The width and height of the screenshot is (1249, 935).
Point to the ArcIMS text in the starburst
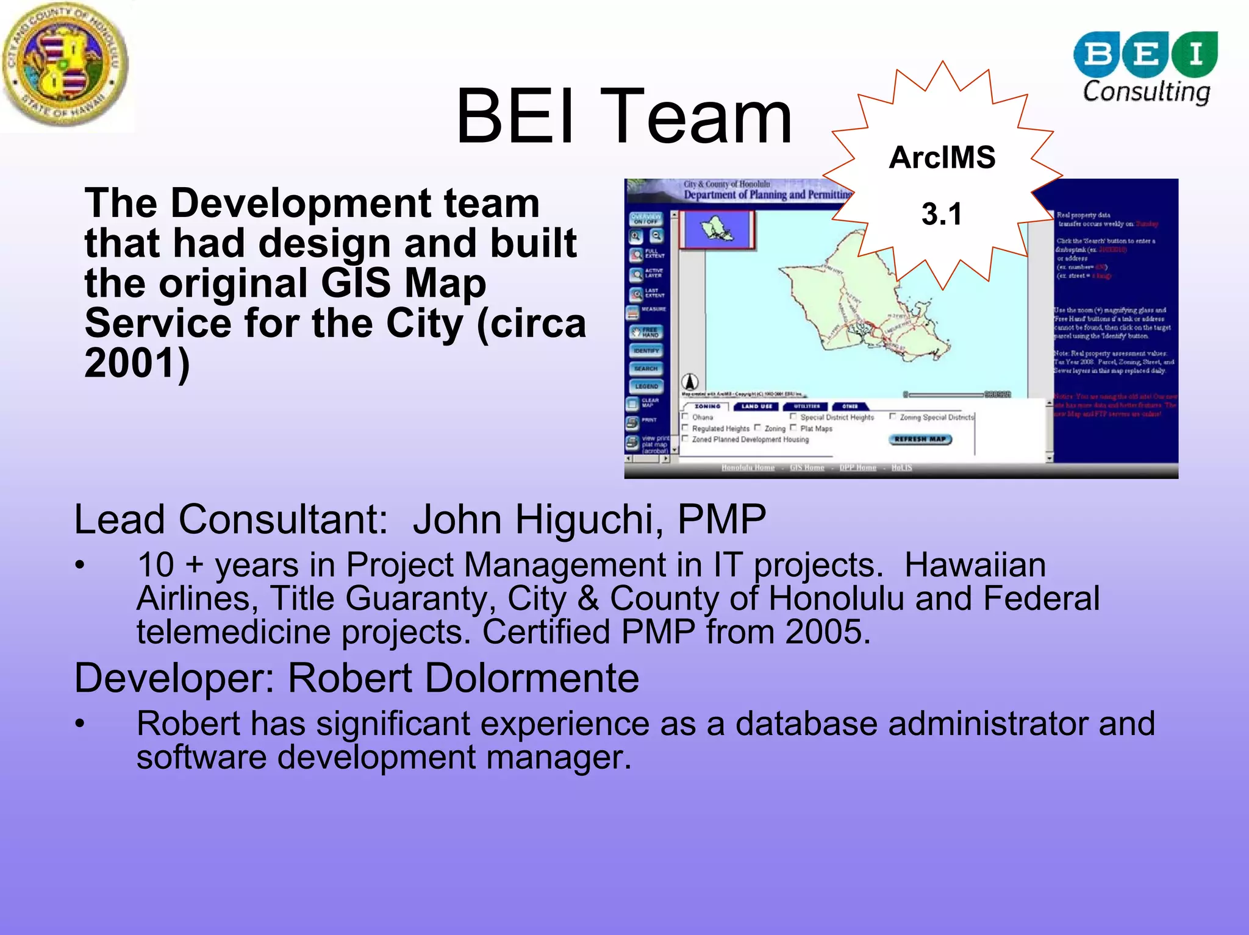942,158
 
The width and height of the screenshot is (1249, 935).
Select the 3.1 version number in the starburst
942,214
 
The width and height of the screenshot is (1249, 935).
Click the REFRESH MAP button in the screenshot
920,439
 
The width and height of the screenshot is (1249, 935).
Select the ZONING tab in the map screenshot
707,407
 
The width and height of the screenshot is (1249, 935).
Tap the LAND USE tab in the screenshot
757,407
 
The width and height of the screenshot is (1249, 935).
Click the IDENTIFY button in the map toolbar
646,351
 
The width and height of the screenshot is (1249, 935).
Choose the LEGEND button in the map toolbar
646,386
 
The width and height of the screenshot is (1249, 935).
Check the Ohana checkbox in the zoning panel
685,417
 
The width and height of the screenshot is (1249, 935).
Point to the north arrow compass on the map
690,382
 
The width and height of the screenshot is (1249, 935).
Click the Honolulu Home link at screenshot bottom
748,467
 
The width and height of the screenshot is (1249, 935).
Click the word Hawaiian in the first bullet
975,565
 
